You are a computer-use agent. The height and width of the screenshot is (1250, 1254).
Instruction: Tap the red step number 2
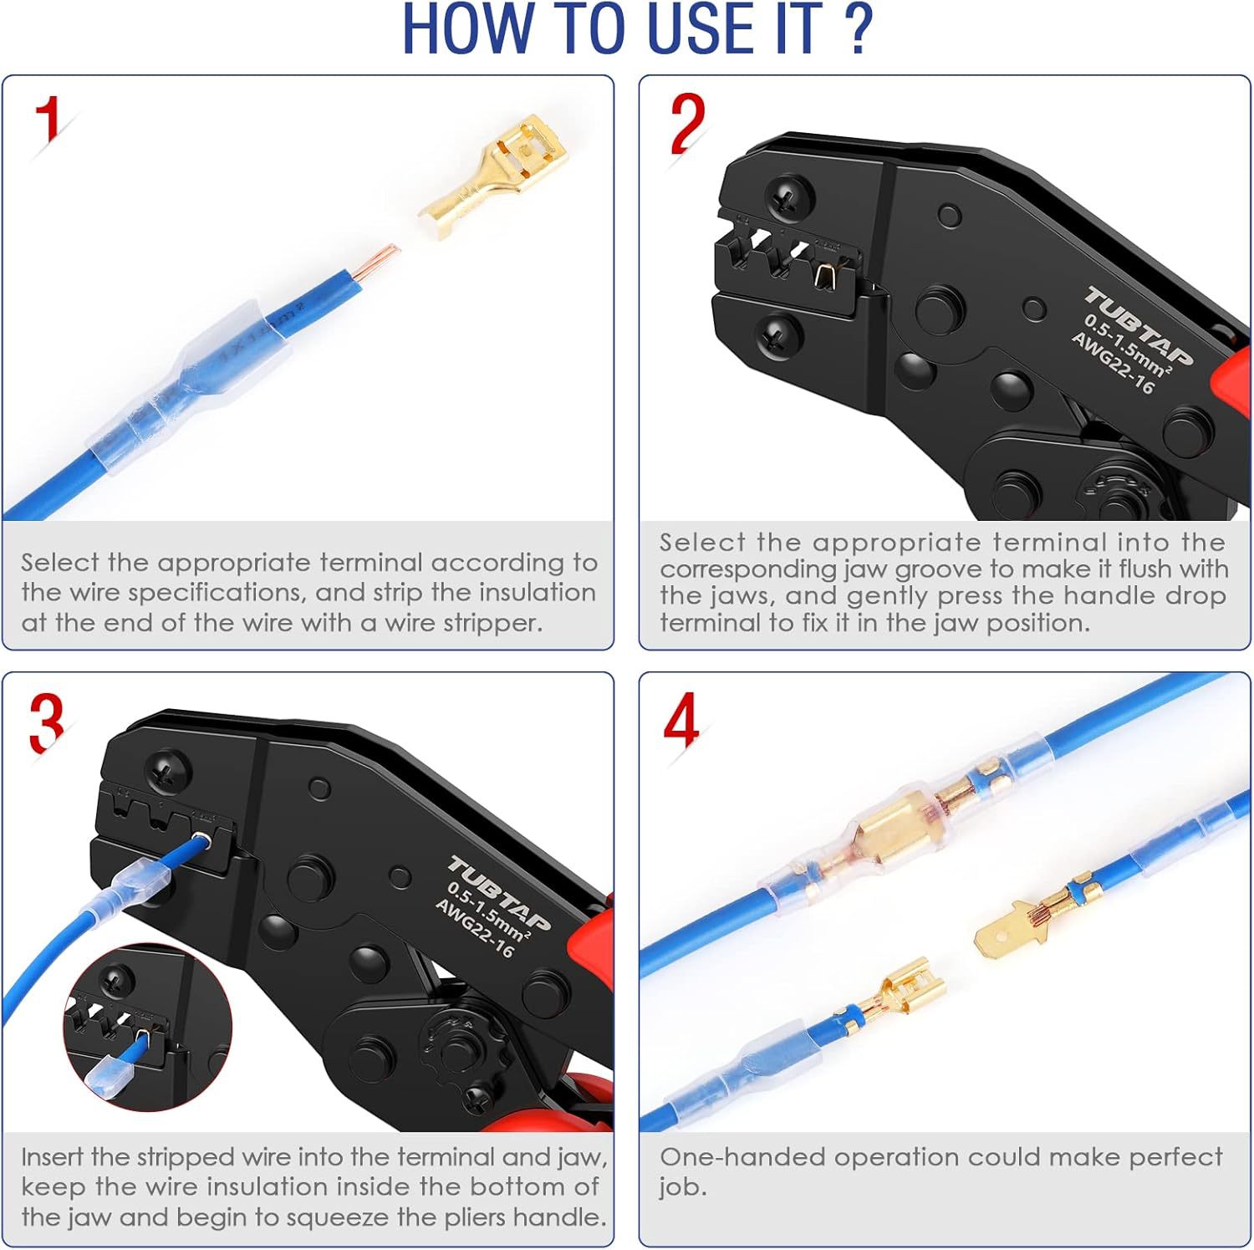click(688, 124)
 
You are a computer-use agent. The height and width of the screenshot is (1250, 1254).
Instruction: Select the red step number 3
click(47, 723)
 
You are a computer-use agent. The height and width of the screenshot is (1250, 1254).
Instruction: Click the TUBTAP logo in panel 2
click(1139, 326)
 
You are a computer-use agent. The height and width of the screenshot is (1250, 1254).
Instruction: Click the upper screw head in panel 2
click(787, 198)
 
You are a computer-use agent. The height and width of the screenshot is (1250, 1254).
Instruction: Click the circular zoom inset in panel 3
click(148, 1028)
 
